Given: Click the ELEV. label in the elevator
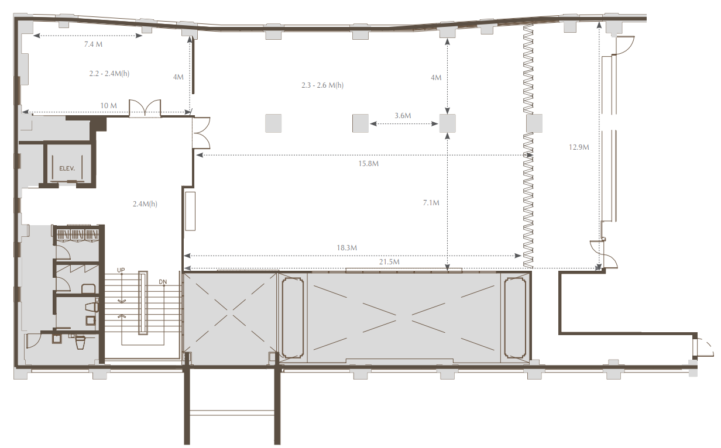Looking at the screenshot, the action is pos(67,168).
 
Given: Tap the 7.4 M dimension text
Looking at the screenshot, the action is pos(93,44).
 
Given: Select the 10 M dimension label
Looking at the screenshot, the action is pos(108,105).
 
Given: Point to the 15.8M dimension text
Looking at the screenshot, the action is pos(369,163).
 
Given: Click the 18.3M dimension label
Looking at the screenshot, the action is pos(346,247).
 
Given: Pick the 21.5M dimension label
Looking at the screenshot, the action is pos(389,262).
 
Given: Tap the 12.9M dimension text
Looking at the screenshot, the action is pos(579,147).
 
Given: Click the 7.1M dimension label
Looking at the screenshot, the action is pos(431,202).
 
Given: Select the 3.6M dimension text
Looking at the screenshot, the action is pos(403,115).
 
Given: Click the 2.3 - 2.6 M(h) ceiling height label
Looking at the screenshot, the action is pos(322,85).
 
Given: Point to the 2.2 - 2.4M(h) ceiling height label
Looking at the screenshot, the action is pos(109,73).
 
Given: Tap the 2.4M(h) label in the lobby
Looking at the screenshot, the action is pos(145,204).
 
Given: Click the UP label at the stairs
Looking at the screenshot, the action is pos(121,270).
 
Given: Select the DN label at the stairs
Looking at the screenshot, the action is pos(163,282).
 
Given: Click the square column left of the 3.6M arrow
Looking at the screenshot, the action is pos(360,123).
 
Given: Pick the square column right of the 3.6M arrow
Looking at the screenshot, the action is pos(447,123).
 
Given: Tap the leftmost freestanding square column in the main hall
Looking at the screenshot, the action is pos(273,123).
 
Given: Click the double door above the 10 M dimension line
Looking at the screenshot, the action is pos(145,108).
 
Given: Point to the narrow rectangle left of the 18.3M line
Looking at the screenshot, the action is pos(190,211).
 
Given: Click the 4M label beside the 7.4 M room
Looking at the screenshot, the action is pos(178,77).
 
